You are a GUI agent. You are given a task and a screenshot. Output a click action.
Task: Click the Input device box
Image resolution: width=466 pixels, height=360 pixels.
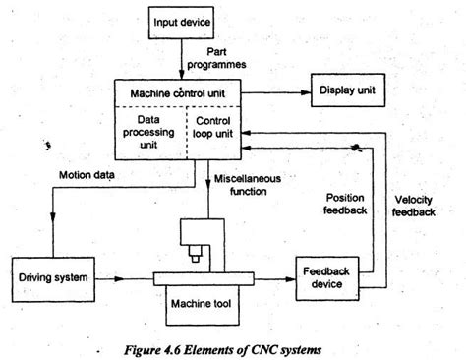tap(181, 23)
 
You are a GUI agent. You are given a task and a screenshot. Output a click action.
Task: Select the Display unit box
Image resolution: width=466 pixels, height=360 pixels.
tap(348, 90)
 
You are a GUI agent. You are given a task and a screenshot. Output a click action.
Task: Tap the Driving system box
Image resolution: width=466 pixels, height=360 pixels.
tap(53, 279)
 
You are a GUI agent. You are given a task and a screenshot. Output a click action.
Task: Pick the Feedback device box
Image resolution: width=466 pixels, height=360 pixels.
tap(327, 278)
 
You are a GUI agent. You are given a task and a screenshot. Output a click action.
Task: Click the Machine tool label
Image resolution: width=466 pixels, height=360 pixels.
tap(201, 303)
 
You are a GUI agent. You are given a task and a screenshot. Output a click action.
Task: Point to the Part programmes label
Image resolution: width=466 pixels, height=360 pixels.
tap(216, 58)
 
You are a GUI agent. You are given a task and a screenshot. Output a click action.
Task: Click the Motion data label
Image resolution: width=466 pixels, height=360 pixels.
tap(87, 175)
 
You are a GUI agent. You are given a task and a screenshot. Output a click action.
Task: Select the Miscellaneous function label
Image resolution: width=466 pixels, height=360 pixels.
tap(248, 185)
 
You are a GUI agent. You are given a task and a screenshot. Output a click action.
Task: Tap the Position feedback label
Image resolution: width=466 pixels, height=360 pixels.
tap(345, 204)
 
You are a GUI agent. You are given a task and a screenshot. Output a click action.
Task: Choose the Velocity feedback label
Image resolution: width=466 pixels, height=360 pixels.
tap(414, 206)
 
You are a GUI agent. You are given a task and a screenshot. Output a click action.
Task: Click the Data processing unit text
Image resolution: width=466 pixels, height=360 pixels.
tap(148, 132)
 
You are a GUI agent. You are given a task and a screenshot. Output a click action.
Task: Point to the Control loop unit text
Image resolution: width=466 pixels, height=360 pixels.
tap(213, 127)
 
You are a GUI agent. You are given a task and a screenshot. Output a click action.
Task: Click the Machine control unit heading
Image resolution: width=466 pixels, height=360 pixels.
tap(178, 93)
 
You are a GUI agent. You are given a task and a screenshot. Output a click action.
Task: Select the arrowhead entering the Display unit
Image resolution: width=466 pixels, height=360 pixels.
tap(306, 92)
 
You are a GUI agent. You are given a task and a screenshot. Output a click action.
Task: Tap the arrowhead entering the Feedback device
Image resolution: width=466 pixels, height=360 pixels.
tap(291, 279)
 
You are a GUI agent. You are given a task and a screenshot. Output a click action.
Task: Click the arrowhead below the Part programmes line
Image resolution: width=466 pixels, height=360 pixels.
tap(181, 75)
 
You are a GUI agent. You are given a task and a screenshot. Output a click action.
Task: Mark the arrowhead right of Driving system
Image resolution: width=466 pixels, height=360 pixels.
tap(119, 279)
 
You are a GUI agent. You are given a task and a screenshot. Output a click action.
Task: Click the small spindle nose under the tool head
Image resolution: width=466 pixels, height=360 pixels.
tap(195, 259)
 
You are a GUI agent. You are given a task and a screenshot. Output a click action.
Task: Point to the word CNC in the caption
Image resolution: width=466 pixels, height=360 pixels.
tap(262, 350)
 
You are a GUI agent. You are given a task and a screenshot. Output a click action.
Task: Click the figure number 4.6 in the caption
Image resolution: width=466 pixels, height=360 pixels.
tap(171, 350)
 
